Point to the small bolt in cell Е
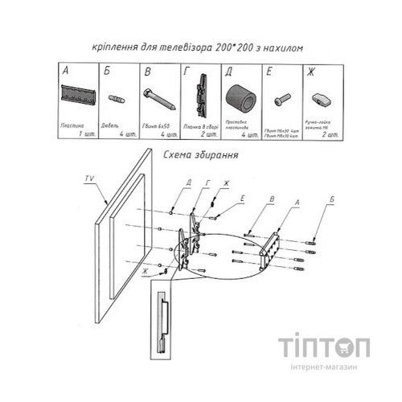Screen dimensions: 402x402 (x=280, y=101)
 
